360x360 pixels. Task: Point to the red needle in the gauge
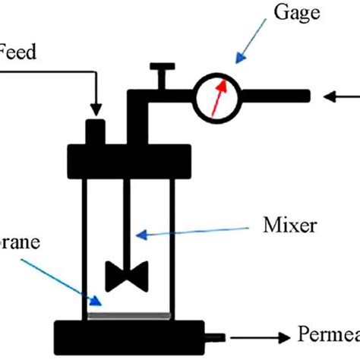pyautogui.click(x=219, y=98)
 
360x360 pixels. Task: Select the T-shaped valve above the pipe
pyautogui.click(x=159, y=76)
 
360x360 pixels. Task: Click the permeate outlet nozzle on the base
pyautogui.click(x=217, y=334)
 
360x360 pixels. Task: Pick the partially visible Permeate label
pyautogui.click(x=327, y=335)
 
